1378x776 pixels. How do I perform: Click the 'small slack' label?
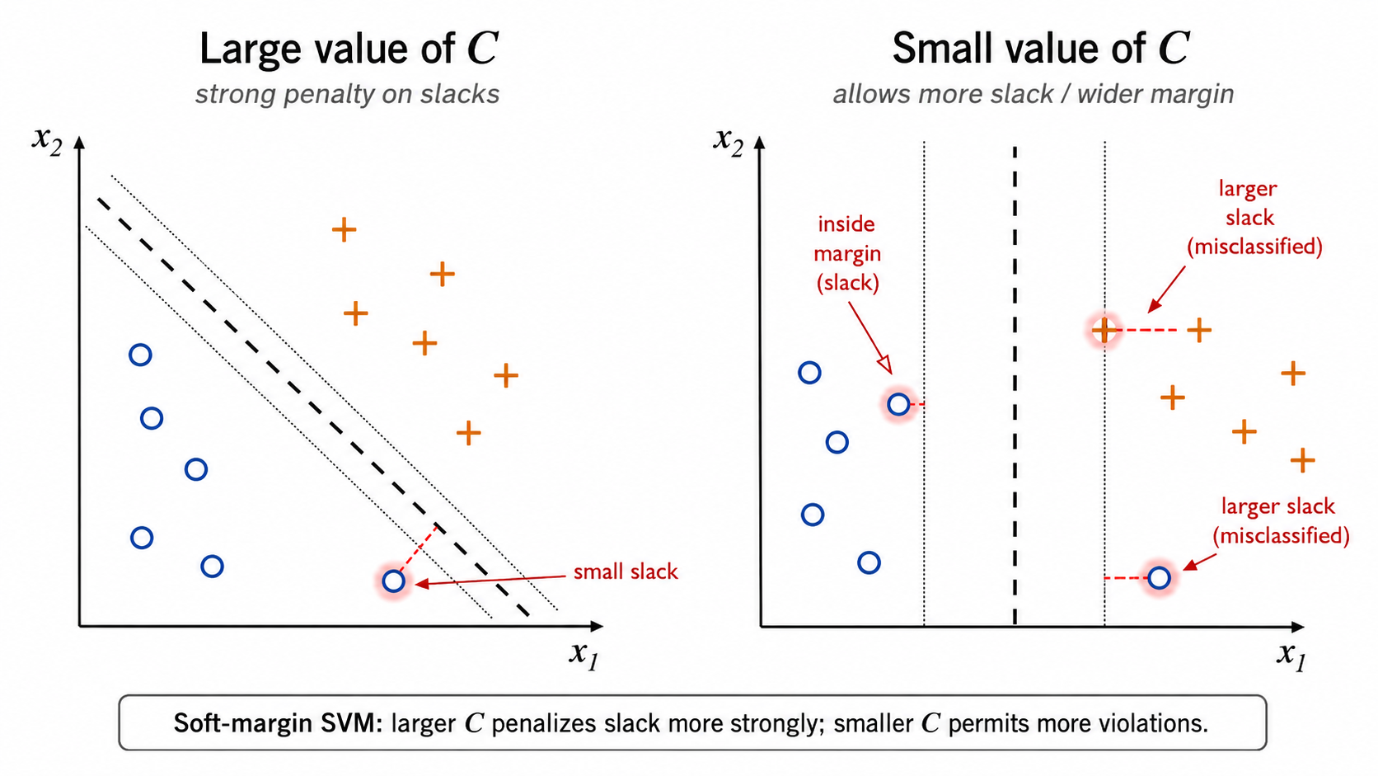click(x=625, y=571)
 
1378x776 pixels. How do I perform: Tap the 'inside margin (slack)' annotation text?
click(x=847, y=253)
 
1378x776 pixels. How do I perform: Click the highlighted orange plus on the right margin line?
click(x=1104, y=331)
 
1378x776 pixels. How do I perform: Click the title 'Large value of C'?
click(x=348, y=48)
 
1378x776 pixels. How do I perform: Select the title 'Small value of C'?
click(x=1041, y=48)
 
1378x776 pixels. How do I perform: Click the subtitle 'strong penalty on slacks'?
click(x=348, y=94)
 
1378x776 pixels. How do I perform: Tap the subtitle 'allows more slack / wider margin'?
click(x=1033, y=94)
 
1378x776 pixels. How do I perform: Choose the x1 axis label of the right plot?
click(x=1291, y=656)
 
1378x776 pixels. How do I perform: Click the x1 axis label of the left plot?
click(x=584, y=655)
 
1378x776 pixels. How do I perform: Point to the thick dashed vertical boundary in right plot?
click(x=1015, y=385)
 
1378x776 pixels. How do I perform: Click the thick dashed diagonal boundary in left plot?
click(x=313, y=407)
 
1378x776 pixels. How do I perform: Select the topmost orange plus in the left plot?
click(x=344, y=229)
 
